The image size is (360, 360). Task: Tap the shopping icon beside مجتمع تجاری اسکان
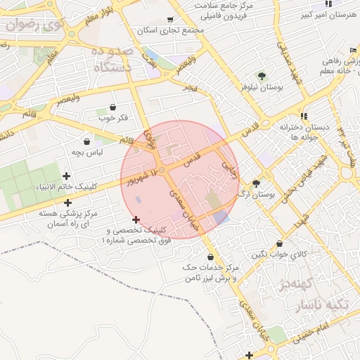point(170,20)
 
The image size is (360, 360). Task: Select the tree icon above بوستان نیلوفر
point(262,76)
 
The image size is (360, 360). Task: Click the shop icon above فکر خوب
point(113,108)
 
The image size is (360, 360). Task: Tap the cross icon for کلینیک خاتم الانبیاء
point(67,176)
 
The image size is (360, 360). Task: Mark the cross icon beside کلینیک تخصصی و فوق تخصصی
point(136,219)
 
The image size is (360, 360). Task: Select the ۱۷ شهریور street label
point(141,176)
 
